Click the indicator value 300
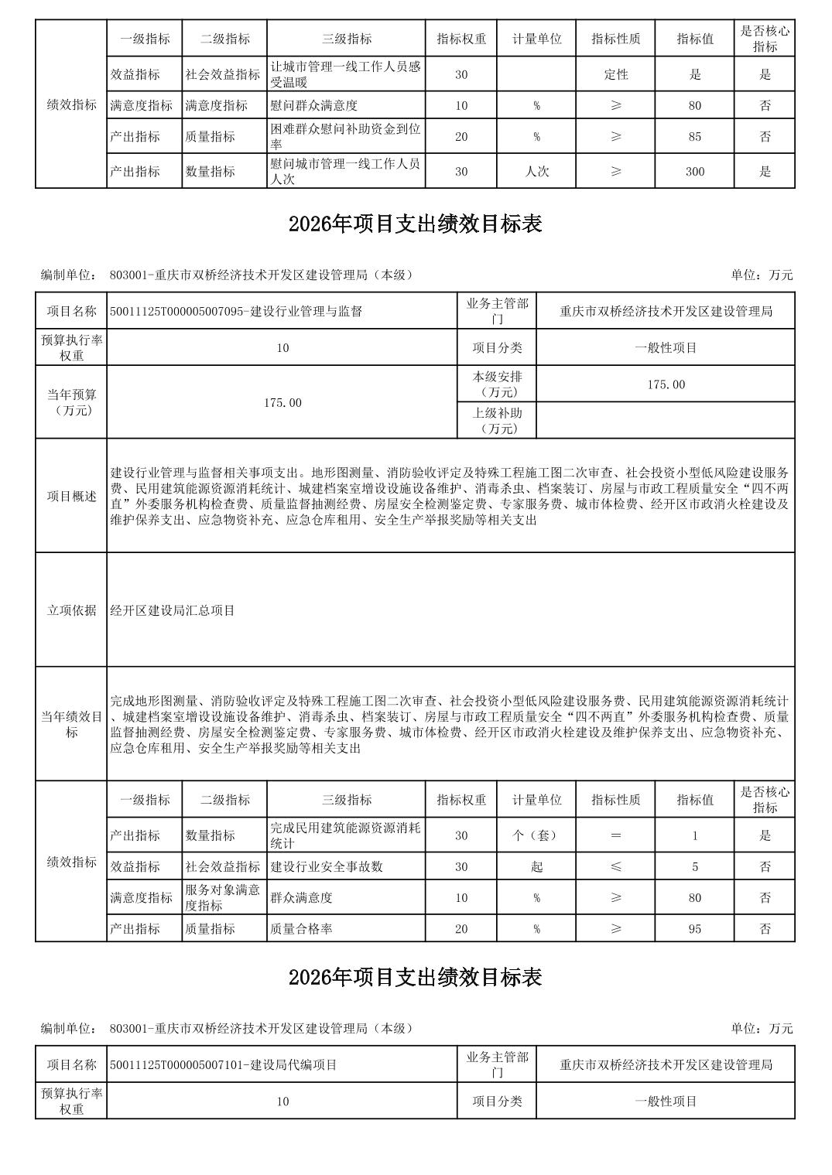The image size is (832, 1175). point(694,171)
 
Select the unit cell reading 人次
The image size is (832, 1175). point(536,171)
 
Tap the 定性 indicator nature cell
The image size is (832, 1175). point(615,74)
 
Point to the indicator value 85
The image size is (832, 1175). point(694,136)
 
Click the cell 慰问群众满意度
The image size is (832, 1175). point(314,105)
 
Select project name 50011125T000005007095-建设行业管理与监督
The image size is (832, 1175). point(236,311)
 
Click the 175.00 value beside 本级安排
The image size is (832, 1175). point(666,384)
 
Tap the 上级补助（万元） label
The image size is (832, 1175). point(497,421)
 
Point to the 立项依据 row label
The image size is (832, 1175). point(71,610)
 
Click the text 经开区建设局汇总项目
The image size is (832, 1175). point(173,610)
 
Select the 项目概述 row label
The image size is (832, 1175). point(71,496)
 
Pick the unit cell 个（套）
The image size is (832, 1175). point(536,835)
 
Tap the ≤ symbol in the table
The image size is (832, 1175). point(615,866)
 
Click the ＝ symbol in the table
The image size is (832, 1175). point(615,835)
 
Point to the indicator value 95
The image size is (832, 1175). point(694,928)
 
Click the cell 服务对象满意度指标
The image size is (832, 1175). point(223,897)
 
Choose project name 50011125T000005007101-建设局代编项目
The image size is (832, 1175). point(224,1064)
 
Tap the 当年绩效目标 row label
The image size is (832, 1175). point(71,724)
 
